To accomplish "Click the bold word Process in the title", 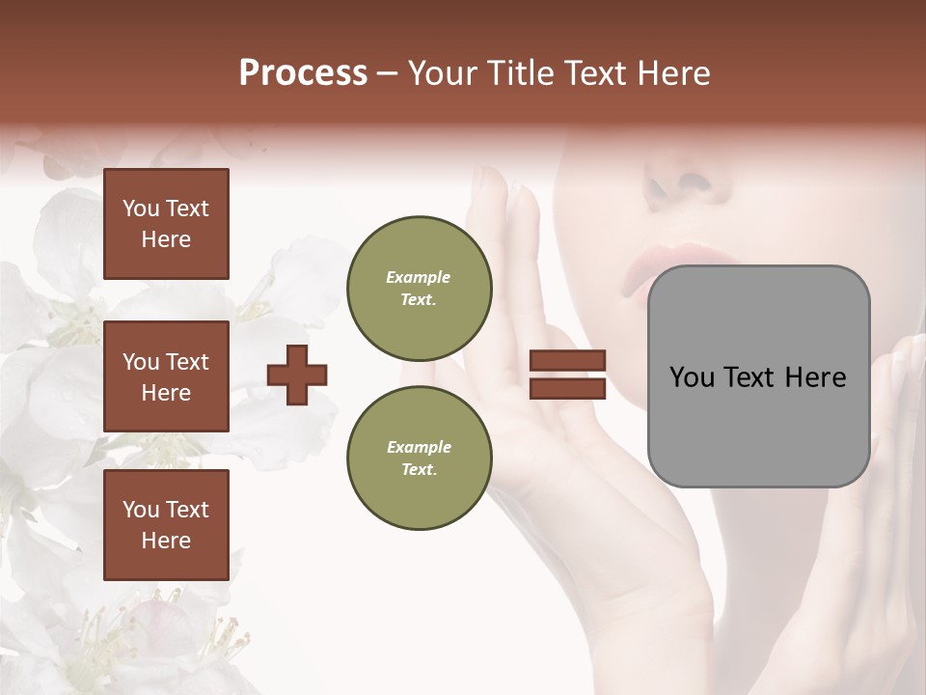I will [303, 72].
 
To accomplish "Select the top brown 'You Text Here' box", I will [166, 224].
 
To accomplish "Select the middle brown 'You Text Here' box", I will [166, 376].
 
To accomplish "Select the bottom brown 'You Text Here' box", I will [166, 524].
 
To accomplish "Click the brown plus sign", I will [296, 375].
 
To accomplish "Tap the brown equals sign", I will [567, 375].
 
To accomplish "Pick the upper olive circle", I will [419, 288].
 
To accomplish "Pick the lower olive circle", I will [419, 458].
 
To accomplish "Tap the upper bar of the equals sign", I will [567, 361].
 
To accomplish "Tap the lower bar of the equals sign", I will [567, 388].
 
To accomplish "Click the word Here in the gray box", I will [815, 377].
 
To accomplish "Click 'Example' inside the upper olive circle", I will [418, 277].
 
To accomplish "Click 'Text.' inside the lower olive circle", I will [419, 470].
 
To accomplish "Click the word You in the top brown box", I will [141, 208].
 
